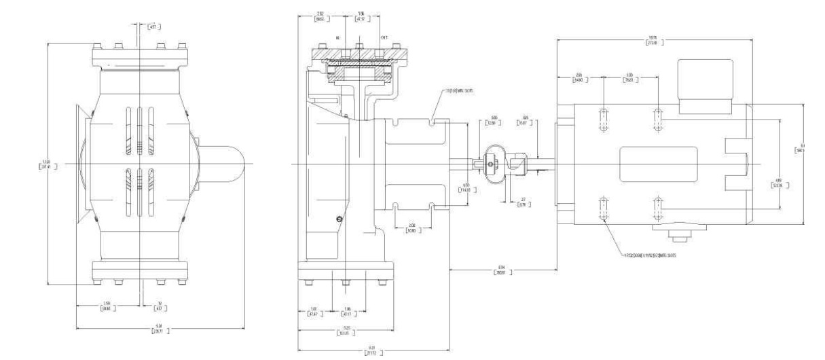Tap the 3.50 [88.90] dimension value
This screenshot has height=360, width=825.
(x=107, y=306)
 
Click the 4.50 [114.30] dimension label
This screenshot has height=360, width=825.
(x=466, y=187)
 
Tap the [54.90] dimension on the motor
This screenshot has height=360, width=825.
(x=578, y=77)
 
